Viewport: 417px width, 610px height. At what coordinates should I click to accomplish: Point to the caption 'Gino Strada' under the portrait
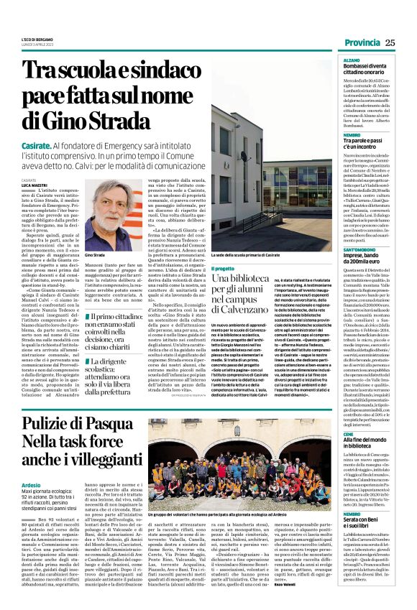(x=95, y=255)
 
